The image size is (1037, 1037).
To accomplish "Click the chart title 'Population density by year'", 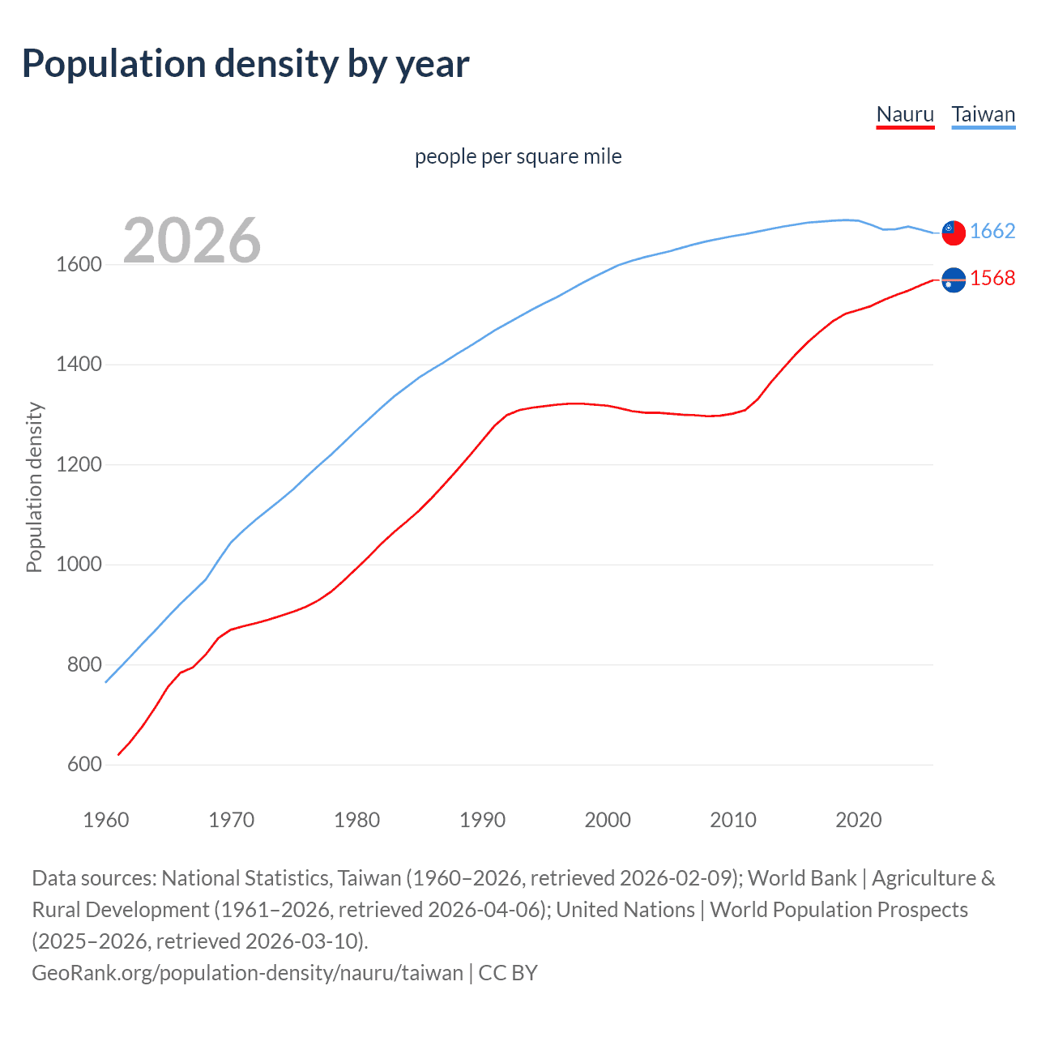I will (245, 64).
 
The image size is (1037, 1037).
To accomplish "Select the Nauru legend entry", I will (905, 114).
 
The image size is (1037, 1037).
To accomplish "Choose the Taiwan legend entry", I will (983, 114).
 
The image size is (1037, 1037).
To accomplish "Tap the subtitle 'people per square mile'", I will (518, 156).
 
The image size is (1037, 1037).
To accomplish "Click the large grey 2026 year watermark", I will (192, 240).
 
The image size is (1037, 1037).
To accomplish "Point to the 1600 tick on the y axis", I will (79, 265).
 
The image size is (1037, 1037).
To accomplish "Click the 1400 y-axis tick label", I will (79, 365).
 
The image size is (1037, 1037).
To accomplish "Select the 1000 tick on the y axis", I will (79, 565).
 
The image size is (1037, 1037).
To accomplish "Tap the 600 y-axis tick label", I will (84, 765).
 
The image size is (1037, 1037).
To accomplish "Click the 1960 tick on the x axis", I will (106, 820).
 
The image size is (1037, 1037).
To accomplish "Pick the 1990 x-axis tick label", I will (482, 820).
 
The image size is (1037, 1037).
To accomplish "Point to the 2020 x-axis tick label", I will (858, 820).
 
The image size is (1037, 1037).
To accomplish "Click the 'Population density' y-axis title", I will (34, 488).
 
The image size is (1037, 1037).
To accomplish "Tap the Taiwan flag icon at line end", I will (954, 233).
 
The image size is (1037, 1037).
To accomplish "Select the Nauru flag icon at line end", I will (954, 280).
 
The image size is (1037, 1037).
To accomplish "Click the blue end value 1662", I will (992, 232).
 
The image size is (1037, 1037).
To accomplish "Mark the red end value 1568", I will (992, 279).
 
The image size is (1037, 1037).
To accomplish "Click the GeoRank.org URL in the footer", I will (247, 972).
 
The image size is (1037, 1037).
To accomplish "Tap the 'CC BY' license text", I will (508, 972).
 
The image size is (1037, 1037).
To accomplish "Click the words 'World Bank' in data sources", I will (801, 878).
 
